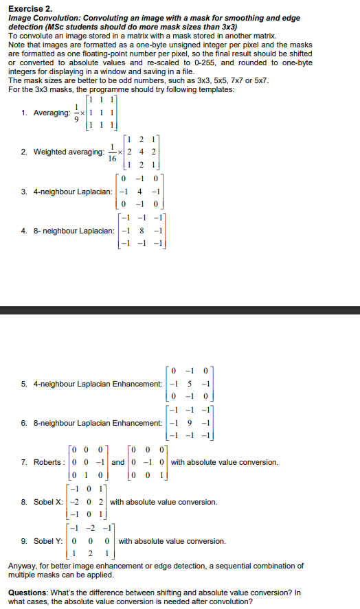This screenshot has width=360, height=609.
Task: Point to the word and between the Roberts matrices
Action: click(118, 462)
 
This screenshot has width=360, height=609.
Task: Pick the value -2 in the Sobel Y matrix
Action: click(91, 529)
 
